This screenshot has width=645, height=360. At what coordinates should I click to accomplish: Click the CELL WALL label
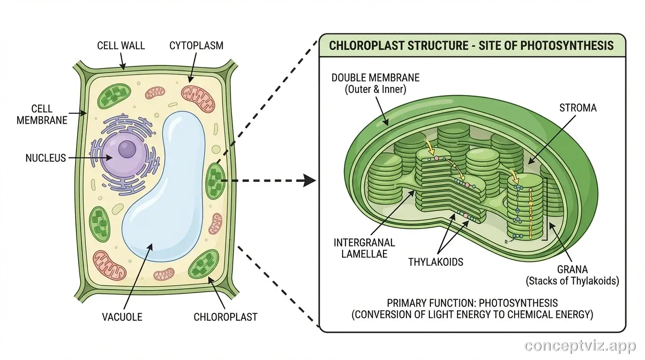[x=121, y=45]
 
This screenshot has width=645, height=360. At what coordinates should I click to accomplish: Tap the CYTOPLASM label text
[x=196, y=45]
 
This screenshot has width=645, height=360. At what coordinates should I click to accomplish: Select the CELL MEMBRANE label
[x=42, y=114]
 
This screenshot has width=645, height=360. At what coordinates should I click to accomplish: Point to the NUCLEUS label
[x=45, y=158]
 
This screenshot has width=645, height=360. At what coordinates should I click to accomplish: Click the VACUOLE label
[x=122, y=317]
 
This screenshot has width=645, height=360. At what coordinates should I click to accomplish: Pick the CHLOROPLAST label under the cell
[x=225, y=317]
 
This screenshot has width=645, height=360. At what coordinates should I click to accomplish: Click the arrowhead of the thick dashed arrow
[x=308, y=180]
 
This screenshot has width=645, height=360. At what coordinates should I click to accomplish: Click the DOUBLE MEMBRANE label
[x=375, y=77]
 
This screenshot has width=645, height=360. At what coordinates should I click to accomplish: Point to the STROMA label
[x=578, y=108]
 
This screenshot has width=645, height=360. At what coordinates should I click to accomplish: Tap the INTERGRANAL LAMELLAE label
[x=364, y=248]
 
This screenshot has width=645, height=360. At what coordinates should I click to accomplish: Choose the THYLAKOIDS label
[x=435, y=262]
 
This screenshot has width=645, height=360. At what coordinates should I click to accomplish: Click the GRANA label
[x=572, y=270]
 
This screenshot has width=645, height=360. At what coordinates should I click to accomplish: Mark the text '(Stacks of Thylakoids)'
[x=572, y=281]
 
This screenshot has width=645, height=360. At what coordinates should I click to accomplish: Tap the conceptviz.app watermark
[x=580, y=346]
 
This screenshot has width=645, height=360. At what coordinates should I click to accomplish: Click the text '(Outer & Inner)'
[x=375, y=89]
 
